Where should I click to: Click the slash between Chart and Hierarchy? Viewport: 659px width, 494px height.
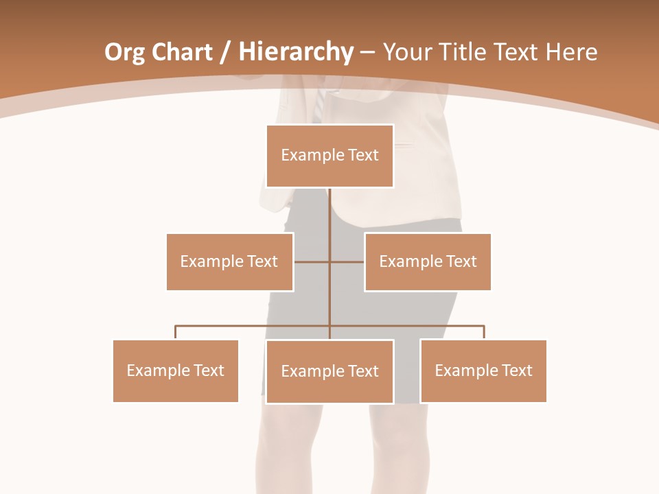click(225, 53)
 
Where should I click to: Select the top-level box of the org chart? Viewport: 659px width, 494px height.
click(329, 156)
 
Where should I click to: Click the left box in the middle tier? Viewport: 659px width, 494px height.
click(229, 261)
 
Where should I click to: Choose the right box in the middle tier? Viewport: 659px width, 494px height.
click(428, 261)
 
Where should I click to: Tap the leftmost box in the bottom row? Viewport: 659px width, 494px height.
click(175, 370)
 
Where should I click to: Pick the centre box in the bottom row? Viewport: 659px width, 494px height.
click(329, 371)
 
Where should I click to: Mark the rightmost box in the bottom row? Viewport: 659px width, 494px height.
click(483, 370)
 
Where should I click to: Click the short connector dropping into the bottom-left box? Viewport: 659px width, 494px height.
click(176, 333)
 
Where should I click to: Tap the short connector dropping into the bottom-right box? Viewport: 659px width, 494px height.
click(484, 333)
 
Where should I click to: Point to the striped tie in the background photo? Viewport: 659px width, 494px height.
click(319, 106)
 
